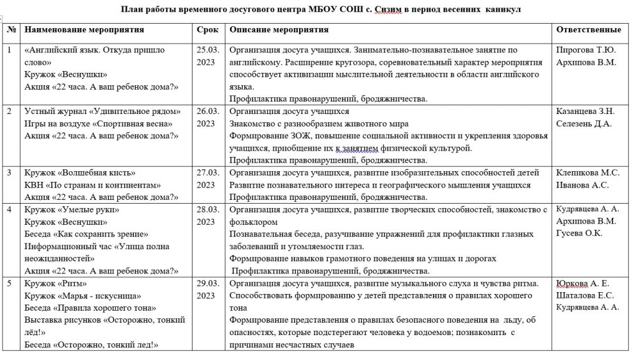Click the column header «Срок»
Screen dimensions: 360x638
tap(207, 30)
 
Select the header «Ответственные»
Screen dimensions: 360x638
tap(588, 30)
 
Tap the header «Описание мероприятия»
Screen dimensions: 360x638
tap(279, 30)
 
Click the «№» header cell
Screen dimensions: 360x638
tap(12, 30)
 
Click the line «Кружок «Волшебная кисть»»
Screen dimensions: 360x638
tap(80, 173)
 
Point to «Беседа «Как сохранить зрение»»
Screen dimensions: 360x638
tap(86, 234)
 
